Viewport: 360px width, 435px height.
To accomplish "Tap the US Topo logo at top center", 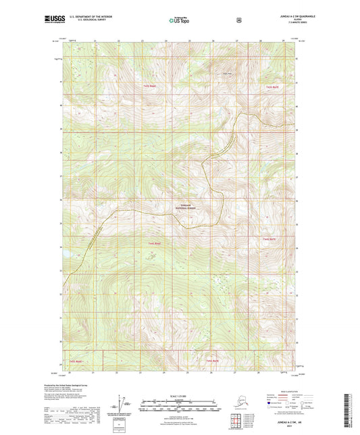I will [178, 20].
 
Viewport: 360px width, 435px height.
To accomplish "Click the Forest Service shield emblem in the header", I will [239, 20].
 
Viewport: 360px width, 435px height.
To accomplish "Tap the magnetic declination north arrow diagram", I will [122, 406].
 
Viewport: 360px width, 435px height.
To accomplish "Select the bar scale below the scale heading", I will [179, 407].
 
